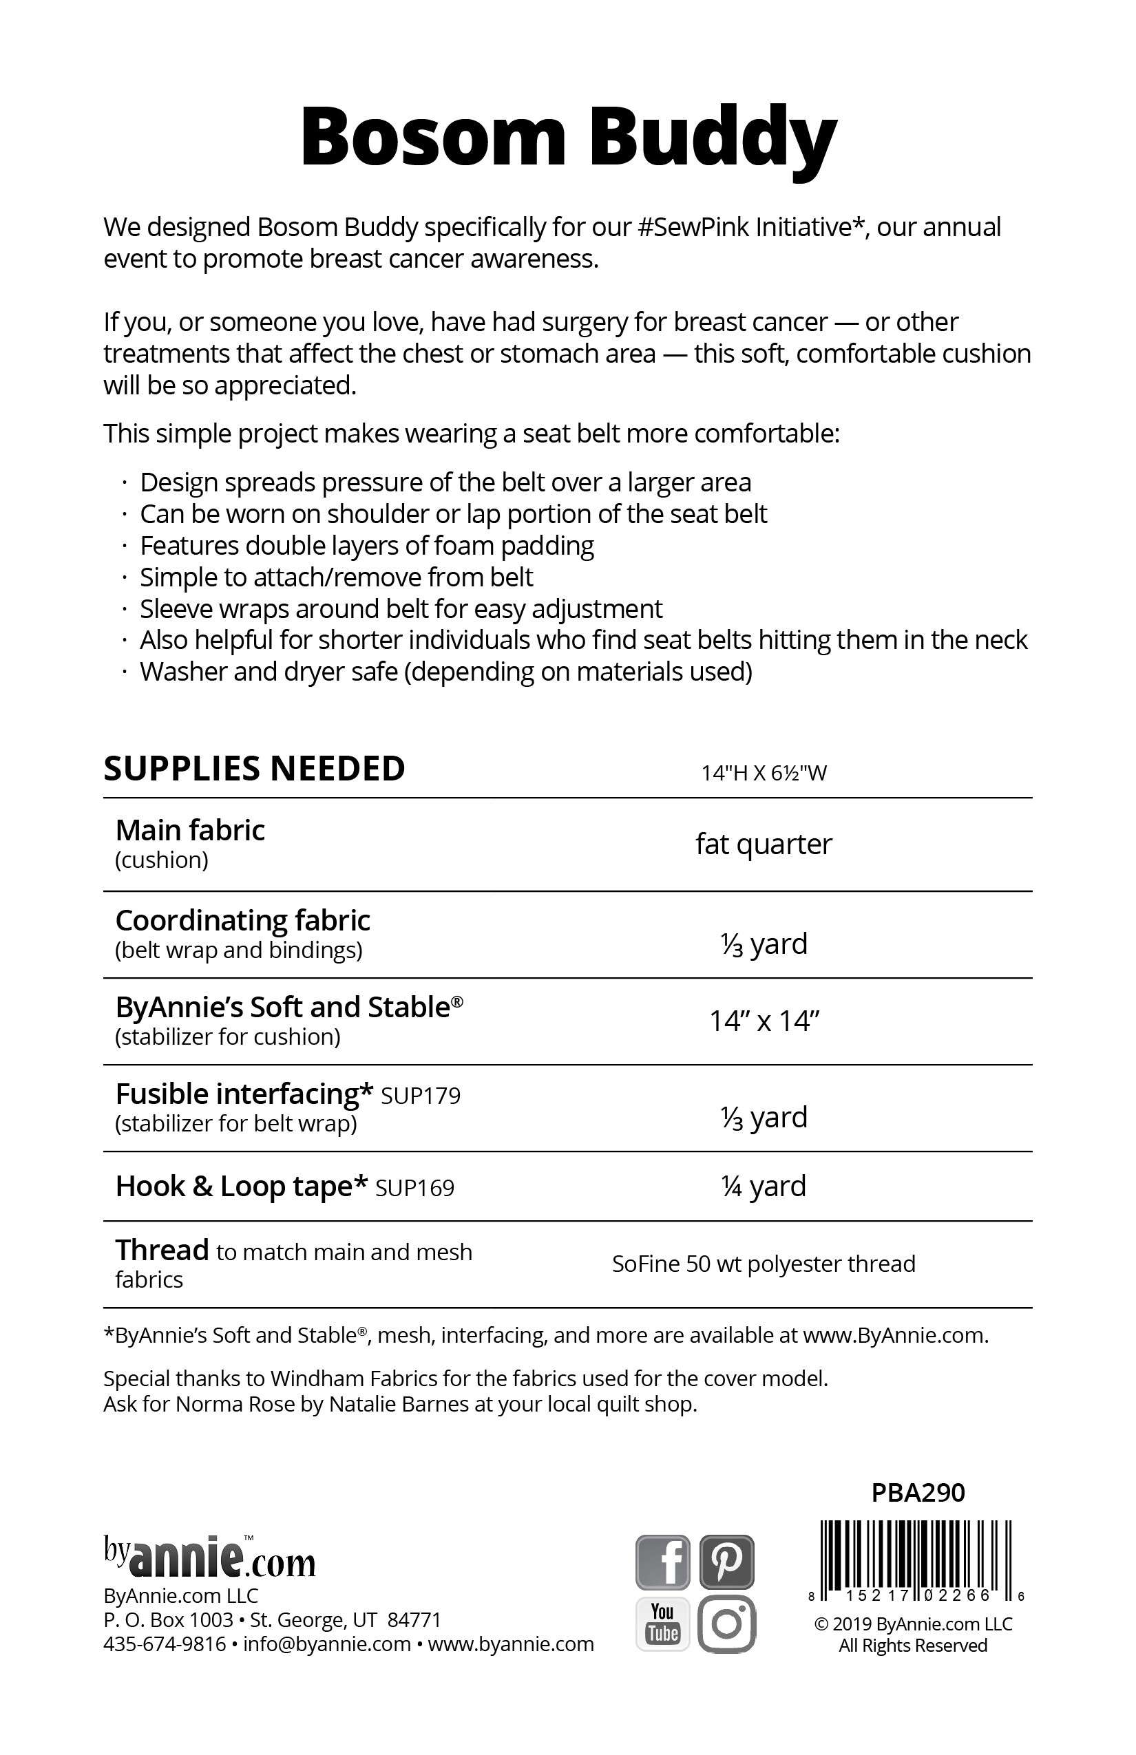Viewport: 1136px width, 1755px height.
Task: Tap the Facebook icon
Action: (x=662, y=1561)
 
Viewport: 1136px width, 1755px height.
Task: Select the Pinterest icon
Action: (x=726, y=1561)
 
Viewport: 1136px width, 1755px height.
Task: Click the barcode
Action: (x=915, y=1559)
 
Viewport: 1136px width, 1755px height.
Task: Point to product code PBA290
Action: (x=918, y=1493)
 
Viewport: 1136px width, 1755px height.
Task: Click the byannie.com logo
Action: (x=209, y=1557)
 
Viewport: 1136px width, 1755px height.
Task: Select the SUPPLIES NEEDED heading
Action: (x=255, y=768)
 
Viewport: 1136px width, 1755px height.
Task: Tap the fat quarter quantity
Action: (x=764, y=844)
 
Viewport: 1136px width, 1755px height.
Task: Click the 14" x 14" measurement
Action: (x=764, y=1021)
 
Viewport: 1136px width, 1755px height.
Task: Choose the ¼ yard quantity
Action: (x=764, y=1186)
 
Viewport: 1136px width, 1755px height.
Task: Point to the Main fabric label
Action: (x=190, y=830)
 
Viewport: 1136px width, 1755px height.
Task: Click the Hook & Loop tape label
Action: (x=241, y=1186)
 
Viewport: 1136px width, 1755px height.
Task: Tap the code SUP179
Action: (x=421, y=1096)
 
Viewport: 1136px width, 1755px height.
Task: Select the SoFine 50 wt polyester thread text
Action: (x=764, y=1263)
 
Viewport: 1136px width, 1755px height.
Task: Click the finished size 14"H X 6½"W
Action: (x=764, y=773)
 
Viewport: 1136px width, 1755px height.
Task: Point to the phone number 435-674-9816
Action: (x=165, y=1644)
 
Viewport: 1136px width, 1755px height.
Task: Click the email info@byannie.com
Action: (x=327, y=1644)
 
